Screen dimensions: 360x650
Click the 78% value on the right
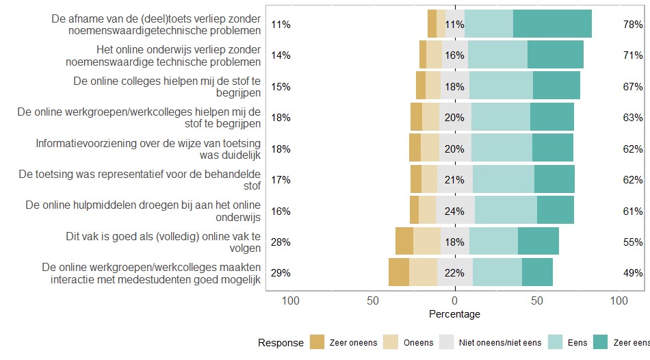coord(632,24)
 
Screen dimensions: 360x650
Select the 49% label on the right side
coord(632,272)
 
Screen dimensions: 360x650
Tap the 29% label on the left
coord(281,272)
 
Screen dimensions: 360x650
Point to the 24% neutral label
coord(454,211)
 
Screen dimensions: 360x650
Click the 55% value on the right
coord(632,242)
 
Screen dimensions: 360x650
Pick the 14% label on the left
coord(281,55)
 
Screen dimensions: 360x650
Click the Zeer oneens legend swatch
coord(317,342)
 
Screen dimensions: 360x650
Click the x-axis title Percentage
coord(454,314)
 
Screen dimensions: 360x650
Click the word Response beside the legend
coord(281,342)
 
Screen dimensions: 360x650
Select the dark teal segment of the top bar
coord(552,24)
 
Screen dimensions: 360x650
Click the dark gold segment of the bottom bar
coord(399,272)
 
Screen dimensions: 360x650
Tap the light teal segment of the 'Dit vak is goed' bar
coord(493,242)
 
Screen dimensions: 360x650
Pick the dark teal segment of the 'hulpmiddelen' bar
coord(555,210)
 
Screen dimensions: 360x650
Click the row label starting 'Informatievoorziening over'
coord(148,149)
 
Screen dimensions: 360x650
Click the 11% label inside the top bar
coord(454,24)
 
